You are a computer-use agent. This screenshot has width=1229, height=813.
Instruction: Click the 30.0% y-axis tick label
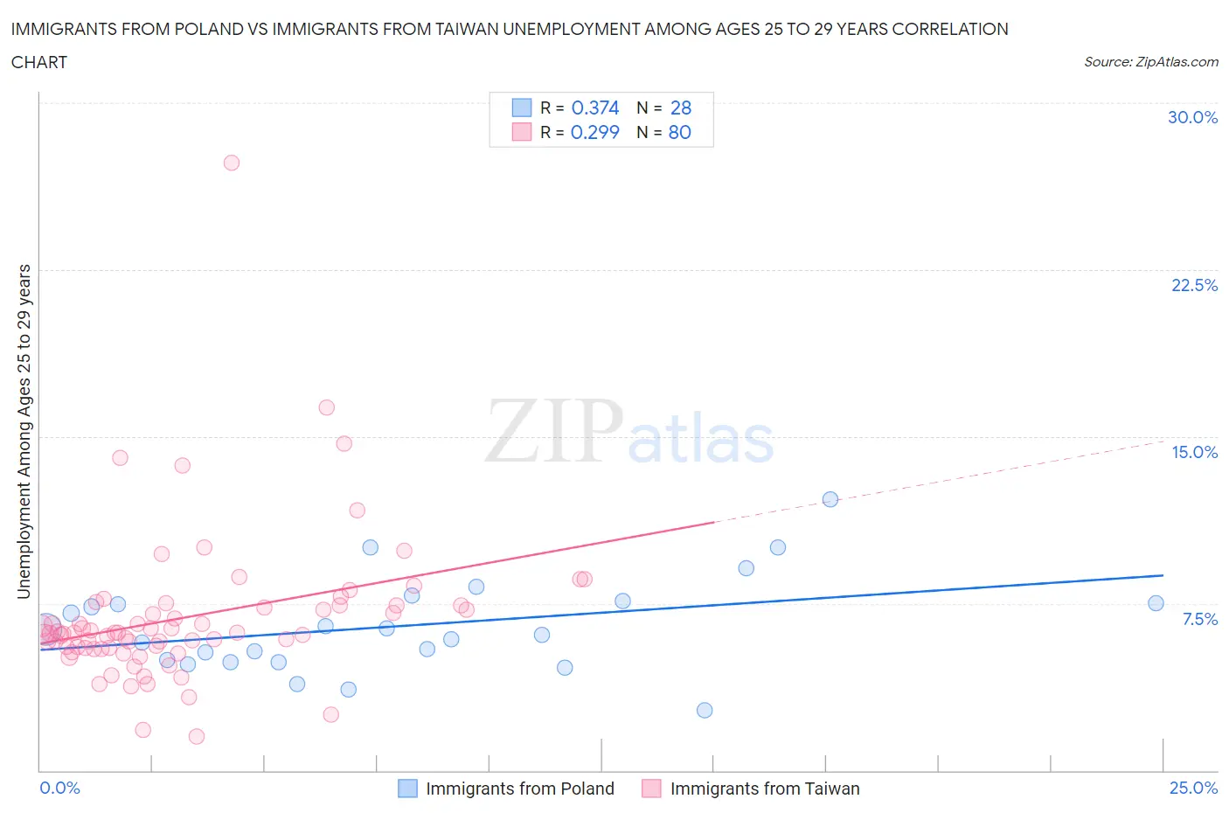(x=1192, y=117)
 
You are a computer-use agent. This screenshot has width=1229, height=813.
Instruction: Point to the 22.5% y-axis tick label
(x=1194, y=285)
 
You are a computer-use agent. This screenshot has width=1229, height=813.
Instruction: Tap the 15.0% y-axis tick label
(x=1194, y=452)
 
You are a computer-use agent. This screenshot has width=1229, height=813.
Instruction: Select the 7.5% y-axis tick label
(x=1199, y=619)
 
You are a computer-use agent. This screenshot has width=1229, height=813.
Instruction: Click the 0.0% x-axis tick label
(x=59, y=788)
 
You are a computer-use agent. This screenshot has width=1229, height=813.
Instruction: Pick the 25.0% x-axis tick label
(x=1193, y=788)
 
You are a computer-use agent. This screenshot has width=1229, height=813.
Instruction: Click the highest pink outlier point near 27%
(x=232, y=163)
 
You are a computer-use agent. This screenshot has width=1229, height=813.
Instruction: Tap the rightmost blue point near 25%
(x=1156, y=603)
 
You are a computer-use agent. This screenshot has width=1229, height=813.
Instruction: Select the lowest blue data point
(x=705, y=710)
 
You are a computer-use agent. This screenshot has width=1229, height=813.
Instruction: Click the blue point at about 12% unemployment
(x=830, y=499)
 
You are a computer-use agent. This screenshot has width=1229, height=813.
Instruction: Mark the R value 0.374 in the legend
(x=594, y=108)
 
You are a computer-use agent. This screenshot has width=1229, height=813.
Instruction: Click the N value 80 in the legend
(x=679, y=132)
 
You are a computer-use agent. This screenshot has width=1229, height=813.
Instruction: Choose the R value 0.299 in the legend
(x=594, y=132)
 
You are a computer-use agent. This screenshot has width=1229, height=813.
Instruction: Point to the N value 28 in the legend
(x=680, y=108)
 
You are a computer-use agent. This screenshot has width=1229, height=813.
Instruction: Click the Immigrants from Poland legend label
(x=519, y=789)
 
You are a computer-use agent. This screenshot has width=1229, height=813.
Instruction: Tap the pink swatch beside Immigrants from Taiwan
(x=651, y=789)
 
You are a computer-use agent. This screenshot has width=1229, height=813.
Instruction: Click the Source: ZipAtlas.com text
(x=1150, y=61)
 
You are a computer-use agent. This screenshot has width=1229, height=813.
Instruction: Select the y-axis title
(x=24, y=431)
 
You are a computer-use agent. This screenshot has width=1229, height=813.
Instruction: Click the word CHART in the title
(x=39, y=62)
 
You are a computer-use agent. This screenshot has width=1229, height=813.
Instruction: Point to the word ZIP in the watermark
(x=554, y=431)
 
